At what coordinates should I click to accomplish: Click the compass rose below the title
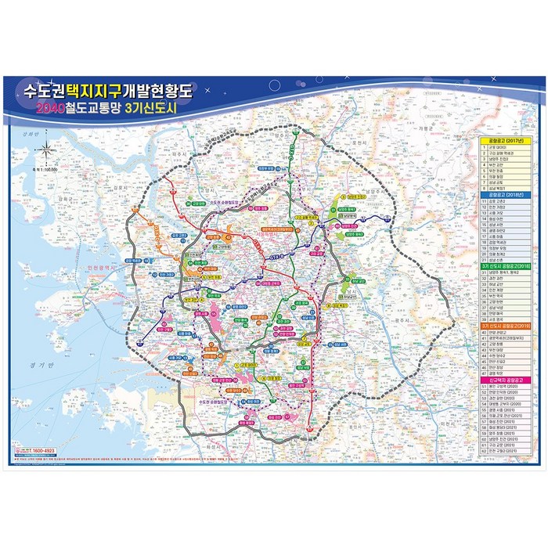tap(47, 148)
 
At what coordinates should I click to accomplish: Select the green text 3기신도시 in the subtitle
tap(170, 110)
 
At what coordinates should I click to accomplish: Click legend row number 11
tap(485, 201)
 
